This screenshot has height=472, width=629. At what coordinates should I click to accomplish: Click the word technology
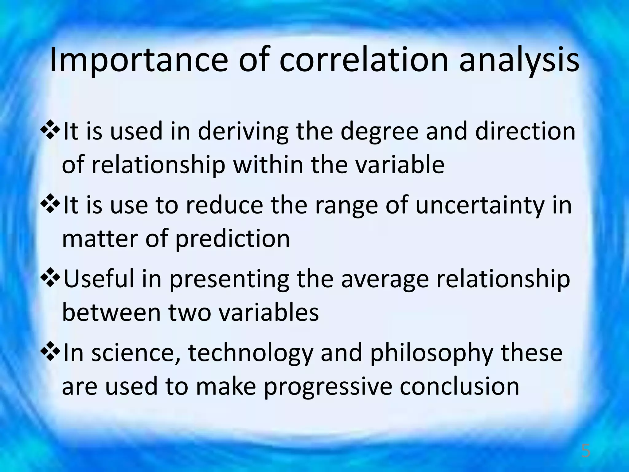tap(250, 353)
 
